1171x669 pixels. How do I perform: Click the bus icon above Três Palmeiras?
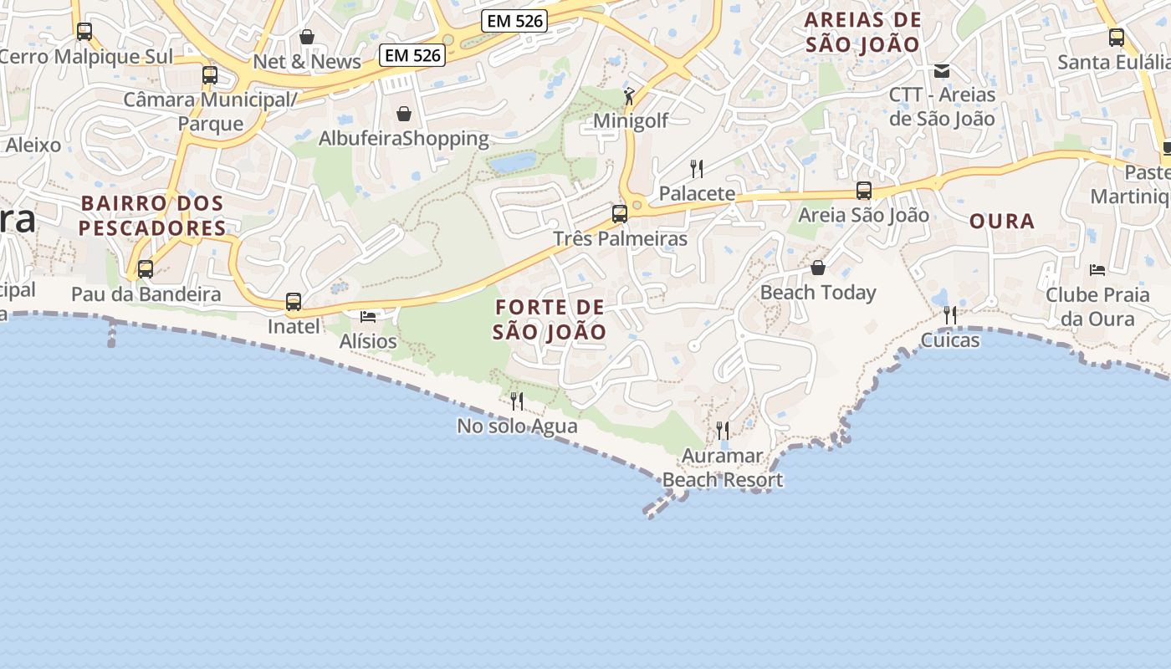[620, 213]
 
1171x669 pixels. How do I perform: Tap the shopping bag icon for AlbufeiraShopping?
[404, 114]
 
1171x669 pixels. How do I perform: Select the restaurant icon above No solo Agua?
[517, 401]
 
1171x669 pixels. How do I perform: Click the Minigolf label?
[631, 120]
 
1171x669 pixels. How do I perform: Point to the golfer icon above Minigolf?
[629, 96]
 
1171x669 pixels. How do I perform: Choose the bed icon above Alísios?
[368, 316]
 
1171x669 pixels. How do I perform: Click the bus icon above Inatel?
[294, 301]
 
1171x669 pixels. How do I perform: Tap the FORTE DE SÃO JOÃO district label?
[549, 319]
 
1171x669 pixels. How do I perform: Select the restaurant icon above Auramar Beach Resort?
[723, 431]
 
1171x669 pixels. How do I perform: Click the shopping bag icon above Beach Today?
[818, 268]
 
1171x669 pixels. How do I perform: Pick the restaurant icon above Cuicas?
[950, 315]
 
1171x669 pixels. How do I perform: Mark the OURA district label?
[1002, 222]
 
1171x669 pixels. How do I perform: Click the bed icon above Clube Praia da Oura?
[1097, 269]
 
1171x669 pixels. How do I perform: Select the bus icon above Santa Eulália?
[1117, 37]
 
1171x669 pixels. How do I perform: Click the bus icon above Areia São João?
[864, 191]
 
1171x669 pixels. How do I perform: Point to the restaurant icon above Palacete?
[697, 169]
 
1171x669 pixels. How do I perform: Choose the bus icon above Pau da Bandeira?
[146, 269]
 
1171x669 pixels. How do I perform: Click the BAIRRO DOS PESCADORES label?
[152, 215]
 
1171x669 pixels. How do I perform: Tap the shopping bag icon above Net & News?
[307, 37]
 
